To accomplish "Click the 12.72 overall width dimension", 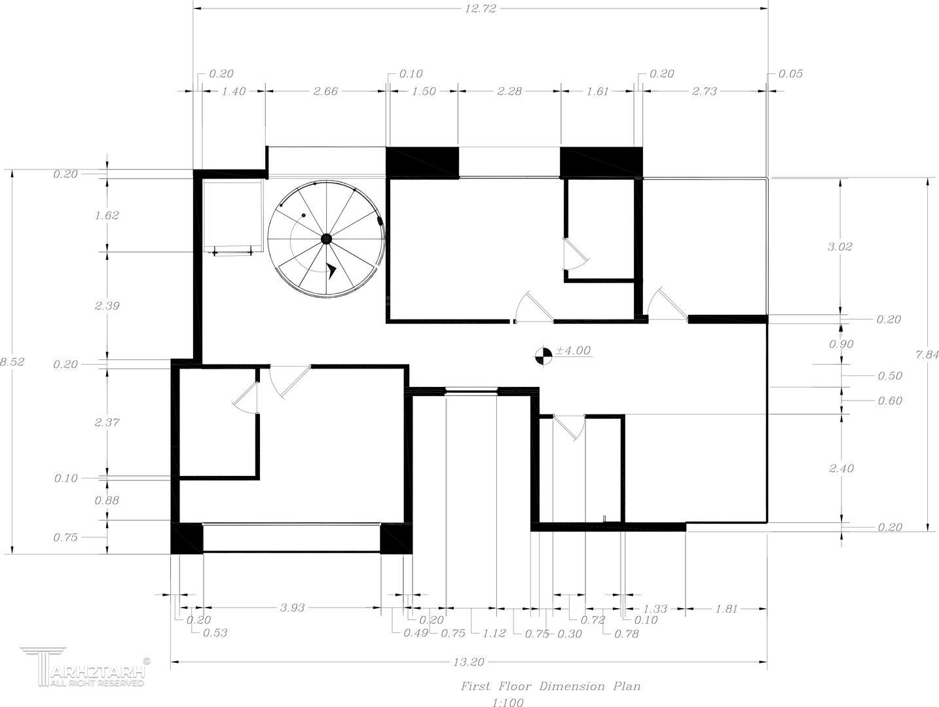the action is coord(481,9).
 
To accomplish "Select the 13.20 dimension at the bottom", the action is coord(468,662).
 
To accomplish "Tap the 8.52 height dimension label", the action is coord(12,362).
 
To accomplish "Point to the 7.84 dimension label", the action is coord(927,355).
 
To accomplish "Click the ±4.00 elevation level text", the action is coord(573,350).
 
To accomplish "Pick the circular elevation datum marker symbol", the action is coord(543,356).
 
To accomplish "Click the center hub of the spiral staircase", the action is coord(326,238).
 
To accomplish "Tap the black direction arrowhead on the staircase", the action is coord(331,270).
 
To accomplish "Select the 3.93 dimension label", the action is coord(292,607).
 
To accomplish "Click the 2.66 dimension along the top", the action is coord(325,91).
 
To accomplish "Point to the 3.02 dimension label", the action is coord(839,247).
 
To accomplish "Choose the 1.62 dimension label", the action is coord(107,215).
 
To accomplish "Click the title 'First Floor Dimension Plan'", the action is coord(551,687).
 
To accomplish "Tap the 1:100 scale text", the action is coord(507,702).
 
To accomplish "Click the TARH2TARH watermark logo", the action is coord(86,667).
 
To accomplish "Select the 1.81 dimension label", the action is coord(726,608).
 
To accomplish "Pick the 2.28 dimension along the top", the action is coord(509,91).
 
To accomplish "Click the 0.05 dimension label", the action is coord(790,74).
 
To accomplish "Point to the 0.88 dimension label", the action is coord(107,500).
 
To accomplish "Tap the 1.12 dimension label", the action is coord(494,634).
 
